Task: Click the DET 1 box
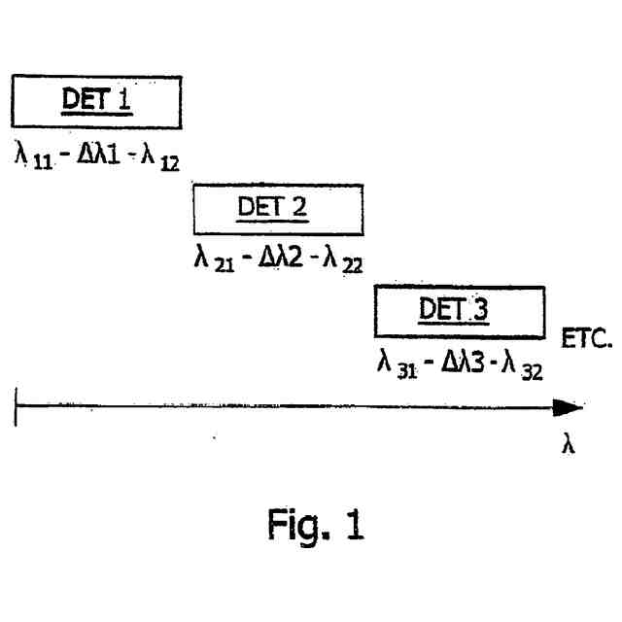pos(97,101)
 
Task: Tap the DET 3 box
pos(459,310)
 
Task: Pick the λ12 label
pos(161,155)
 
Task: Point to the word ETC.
pos(583,342)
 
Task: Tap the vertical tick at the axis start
pos(17,409)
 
